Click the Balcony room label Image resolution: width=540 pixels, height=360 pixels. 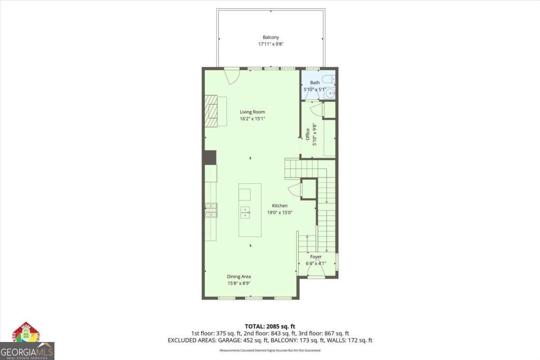[271, 37]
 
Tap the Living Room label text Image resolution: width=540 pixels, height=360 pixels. [252, 112]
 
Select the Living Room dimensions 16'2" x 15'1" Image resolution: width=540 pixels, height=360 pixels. [252, 119]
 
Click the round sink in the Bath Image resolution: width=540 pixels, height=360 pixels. [331, 94]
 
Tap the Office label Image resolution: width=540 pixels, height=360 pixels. [308, 135]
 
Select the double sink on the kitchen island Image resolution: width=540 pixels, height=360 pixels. [245, 212]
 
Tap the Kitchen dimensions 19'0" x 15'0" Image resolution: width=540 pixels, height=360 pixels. [279, 212]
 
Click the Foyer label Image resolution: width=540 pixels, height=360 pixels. [316, 257]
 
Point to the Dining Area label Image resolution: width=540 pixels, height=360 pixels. [239, 277]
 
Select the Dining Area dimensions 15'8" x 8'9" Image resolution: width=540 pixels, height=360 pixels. [239, 283]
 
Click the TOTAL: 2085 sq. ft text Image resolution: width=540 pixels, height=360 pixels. [270, 326]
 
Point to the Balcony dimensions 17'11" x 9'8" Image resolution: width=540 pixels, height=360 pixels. [271, 44]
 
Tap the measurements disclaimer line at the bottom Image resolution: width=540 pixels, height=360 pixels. [270, 350]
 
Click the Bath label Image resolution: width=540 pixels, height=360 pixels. [315, 83]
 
